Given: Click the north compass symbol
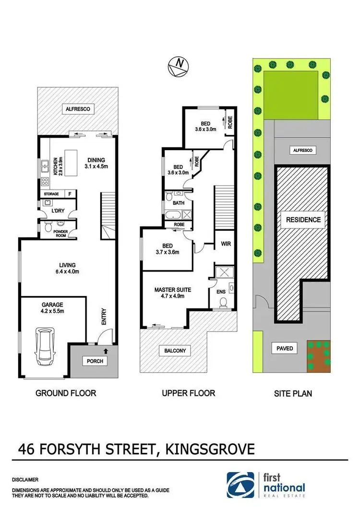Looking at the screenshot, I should [x=179, y=67].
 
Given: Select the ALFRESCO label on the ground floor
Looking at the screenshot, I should [x=78, y=109].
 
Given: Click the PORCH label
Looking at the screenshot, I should [x=95, y=361].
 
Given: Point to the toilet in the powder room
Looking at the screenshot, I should [x=48, y=228].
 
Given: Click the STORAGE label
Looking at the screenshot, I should [x=51, y=194].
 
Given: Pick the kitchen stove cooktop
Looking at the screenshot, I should [x=45, y=181].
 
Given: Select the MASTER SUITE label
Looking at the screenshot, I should [x=173, y=290].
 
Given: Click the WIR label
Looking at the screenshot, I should [x=226, y=244].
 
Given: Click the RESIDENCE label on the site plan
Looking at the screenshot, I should [x=303, y=220].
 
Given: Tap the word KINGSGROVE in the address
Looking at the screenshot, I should [x=210, y=450].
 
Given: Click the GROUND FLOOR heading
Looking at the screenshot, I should [x=66, y=393].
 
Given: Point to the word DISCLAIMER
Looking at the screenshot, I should [x=25, y=479].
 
